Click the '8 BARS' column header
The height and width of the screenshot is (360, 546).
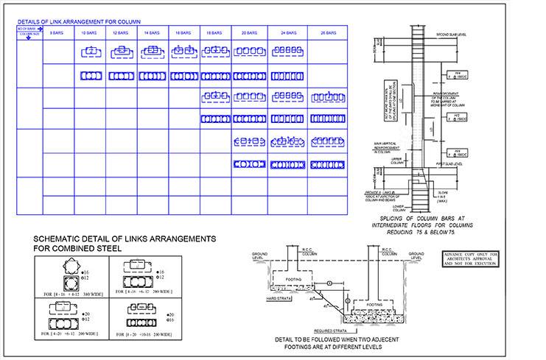click(56, 33)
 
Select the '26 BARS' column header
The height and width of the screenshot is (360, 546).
click(326, 33)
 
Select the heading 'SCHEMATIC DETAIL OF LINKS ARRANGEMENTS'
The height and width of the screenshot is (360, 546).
click(125, 239)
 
